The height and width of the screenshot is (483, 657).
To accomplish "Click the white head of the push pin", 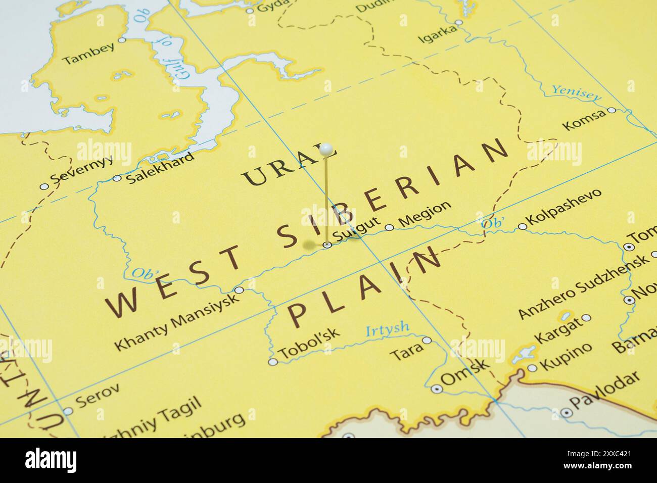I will (x=327, y=149).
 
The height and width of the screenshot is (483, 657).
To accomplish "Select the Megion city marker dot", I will (x=389, y=227).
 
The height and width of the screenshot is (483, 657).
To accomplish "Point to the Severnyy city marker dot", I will (x=44, y=186).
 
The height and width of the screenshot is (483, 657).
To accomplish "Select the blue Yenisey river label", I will (x=577, y=92).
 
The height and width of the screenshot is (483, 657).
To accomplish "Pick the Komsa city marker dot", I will (x=611, y=110).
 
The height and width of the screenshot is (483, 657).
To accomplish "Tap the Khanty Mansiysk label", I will (x=175, y=322).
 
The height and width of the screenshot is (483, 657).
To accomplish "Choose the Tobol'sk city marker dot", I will (x=272, y=362).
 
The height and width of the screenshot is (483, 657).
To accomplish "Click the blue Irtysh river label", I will (x=387, y=329).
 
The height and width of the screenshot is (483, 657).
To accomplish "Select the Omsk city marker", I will (x=437, y=389).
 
